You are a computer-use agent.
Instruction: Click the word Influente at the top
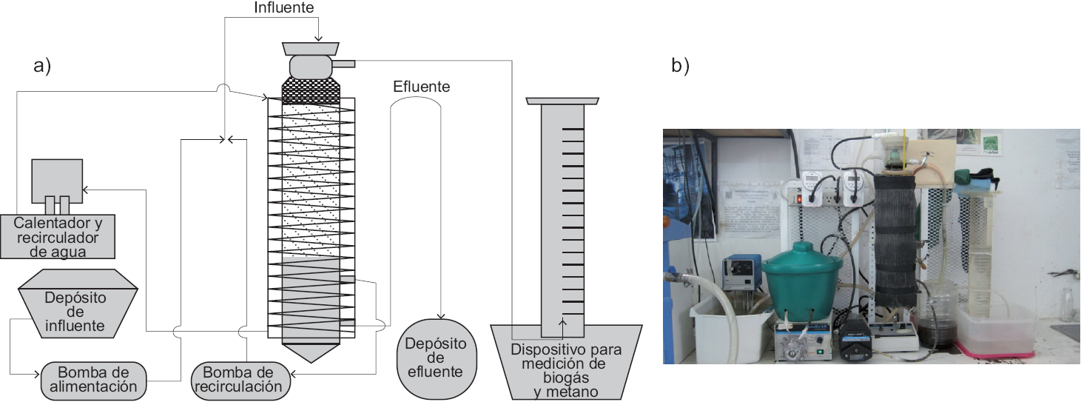pyautogui.click(x=283, y=8)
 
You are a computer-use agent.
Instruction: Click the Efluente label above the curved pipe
pyautogui.click(x=421, y=87)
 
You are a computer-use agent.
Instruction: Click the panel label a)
pyautogui.click(x=42, y=66)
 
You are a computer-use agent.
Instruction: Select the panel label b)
pyautogui.click(x=680, y=66)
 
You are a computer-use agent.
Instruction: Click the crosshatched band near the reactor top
pyautogui.click(x=311, y=90)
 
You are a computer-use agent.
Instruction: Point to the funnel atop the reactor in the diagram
pyautogui.click(x=311, y=49)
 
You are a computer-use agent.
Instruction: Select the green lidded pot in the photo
pyautogui.click(x=802, y=285)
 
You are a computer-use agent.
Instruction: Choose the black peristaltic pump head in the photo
pyautogui.click(x=854, y=342)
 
